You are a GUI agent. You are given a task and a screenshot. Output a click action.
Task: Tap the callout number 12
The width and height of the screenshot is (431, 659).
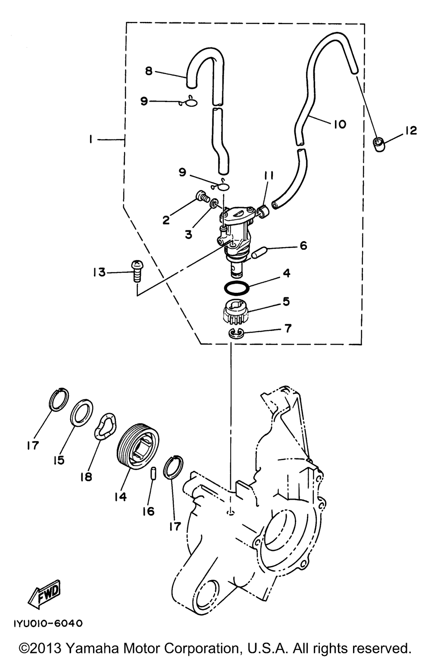(411, 131)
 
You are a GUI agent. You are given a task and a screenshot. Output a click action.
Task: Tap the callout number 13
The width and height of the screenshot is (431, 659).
(99, 272)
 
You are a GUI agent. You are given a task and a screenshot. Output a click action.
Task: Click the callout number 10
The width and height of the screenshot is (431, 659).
(339, 124)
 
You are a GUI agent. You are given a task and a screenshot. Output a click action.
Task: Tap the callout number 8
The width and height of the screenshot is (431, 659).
(149, 71)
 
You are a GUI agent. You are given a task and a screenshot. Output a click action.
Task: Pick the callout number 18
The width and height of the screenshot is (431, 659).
(86, 477)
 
